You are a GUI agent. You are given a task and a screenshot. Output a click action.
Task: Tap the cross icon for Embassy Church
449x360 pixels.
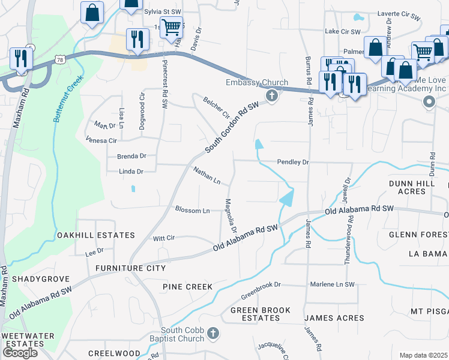272,96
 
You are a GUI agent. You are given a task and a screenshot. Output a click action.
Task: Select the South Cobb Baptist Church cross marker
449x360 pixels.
212,333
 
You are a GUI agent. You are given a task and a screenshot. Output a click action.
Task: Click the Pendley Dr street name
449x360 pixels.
293,162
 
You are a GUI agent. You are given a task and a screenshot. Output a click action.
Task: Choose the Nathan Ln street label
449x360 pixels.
207,176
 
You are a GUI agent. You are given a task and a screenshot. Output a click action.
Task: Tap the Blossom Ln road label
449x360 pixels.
192,210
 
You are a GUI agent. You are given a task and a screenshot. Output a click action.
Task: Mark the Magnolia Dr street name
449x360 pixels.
231,216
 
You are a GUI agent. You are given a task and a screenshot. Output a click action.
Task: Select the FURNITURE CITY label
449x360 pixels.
130,268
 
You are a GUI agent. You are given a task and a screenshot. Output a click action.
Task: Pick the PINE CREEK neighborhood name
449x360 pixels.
188,287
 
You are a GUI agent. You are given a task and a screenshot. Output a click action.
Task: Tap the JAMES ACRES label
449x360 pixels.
334,317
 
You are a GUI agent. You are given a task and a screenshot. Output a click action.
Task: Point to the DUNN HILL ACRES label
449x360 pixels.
415,186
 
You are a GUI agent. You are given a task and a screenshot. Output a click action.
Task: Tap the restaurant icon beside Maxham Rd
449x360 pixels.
22,58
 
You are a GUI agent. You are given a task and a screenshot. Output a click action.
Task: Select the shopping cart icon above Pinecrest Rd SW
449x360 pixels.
171,26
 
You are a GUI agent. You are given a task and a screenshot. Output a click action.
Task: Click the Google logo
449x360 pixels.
20,353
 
